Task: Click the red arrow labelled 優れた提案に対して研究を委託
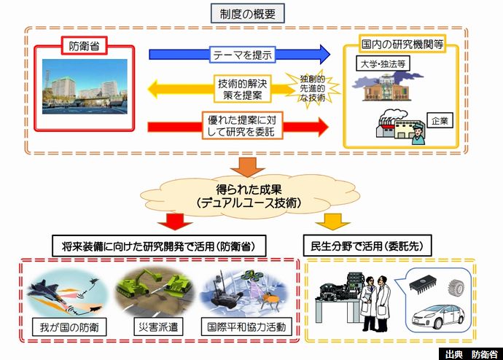pyautogui.click(x=241, y=124)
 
